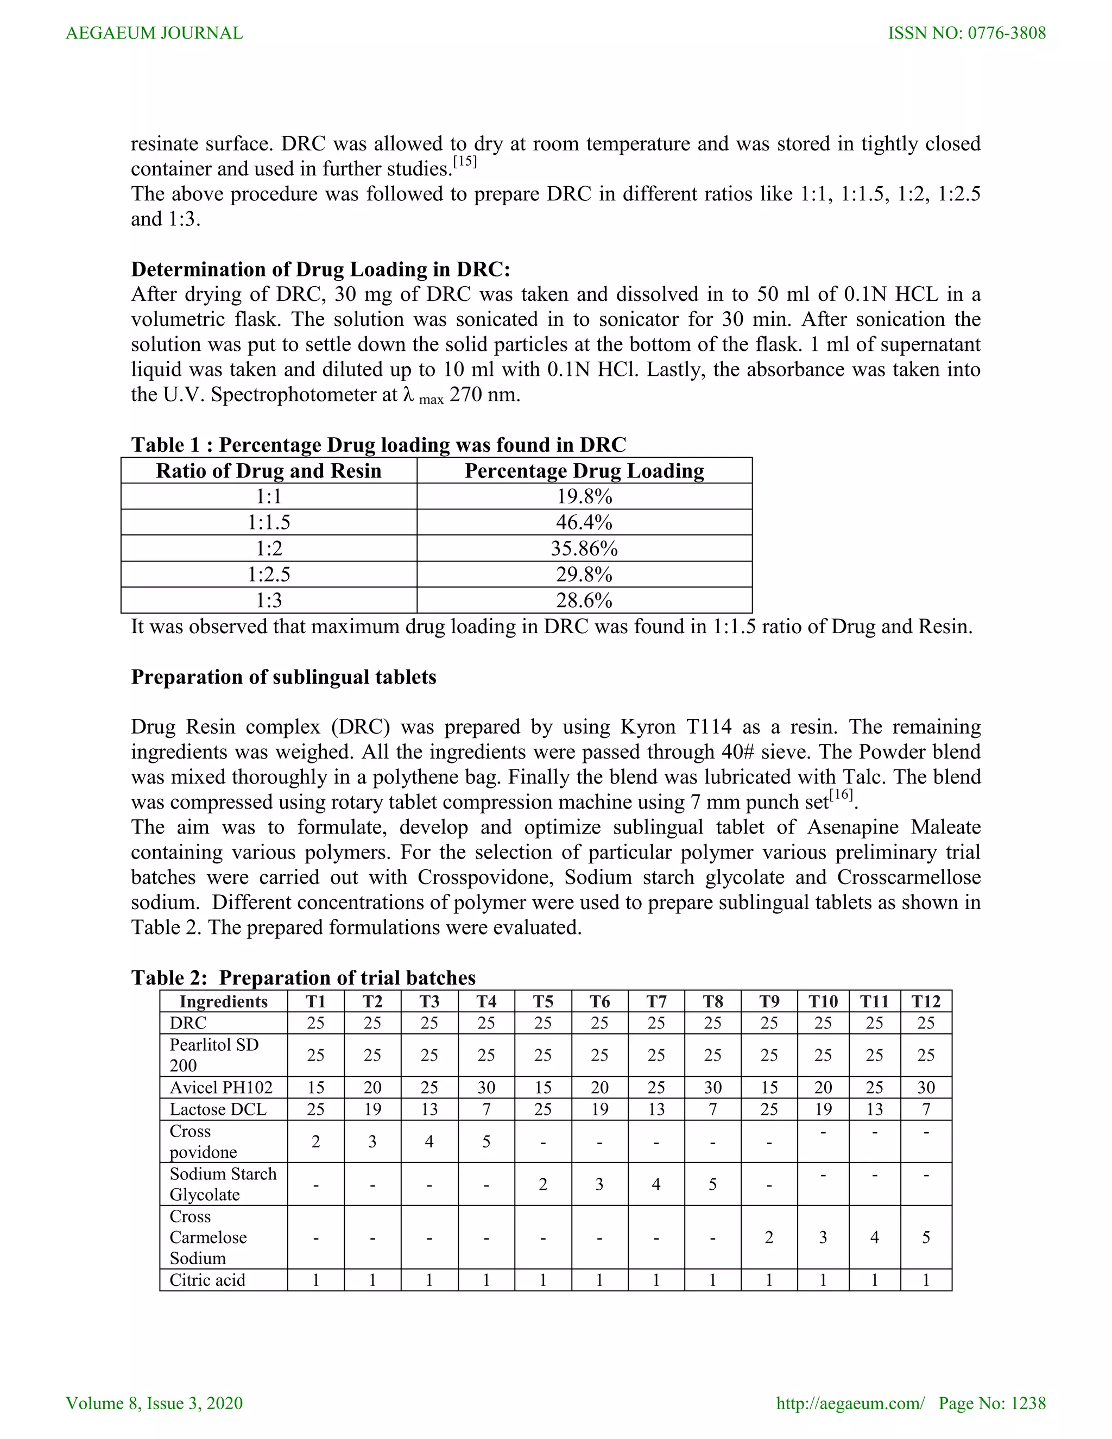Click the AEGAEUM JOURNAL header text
pyautogui.click(x=154, y=33)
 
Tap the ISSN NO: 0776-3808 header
pyautogui.click(x=966, y=33)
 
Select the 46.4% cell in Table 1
pyautogui.click(x=584, y=522)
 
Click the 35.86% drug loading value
pyautogui.click(x=584, y=548)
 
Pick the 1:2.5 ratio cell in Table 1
pyautogui.click(x=269, y=575)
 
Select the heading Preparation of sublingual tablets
pyautogui.click(x=283, y=677)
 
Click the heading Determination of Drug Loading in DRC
pyautogui.click(x=320, y=269)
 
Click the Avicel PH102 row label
pyautogui.click(x=220, y=1087)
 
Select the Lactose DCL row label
pyautogui.click(x=218, y=1109)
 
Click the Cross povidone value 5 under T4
pyautogui.click(x=486, y=1141)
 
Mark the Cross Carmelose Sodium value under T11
pyautogui.click(x=874, y=1238)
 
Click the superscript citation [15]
pyautogui.click(x=465, y=162)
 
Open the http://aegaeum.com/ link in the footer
pyautogui.click(x=850, y=1403)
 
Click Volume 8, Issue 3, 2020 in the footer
pyautogui.click(x=154, y=1403)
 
